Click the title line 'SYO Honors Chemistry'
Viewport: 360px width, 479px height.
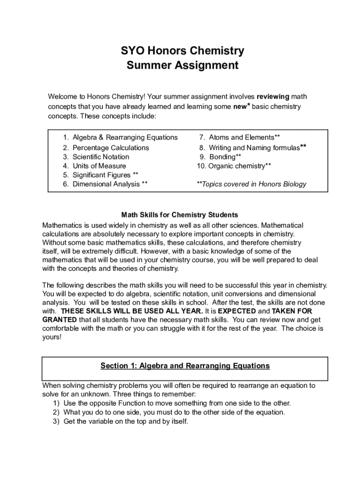[182, 51]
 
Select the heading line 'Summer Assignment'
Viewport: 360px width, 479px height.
[182, 65]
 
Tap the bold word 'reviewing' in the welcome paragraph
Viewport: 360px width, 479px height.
[274, 97]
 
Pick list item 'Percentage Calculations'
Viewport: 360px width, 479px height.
[110, 148]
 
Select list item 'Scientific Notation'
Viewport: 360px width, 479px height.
[101, 157]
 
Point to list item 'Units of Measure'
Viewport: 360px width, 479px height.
[99, 166]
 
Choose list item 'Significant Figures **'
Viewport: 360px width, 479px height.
[105, 175]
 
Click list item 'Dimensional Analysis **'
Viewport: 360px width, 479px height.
[110, 184]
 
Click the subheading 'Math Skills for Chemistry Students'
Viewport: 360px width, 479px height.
[180, 215]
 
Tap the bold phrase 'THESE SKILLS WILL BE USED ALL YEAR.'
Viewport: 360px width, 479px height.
[132, 311]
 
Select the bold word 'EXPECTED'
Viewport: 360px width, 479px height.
[237, 311]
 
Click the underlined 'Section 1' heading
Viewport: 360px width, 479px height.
[185, 366]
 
